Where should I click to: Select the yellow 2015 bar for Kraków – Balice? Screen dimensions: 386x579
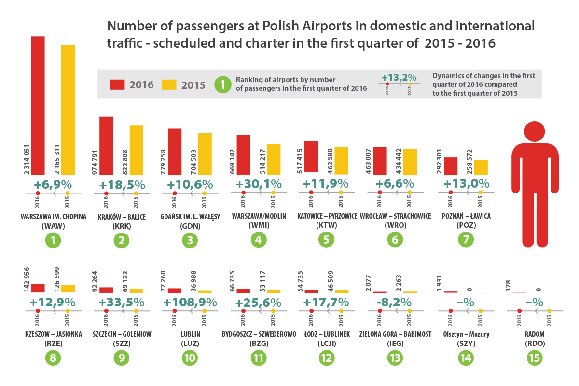pyautogui.click(x=137, y=150)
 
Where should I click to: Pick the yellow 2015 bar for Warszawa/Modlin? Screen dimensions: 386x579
pyautogui.click(x=274, y=159)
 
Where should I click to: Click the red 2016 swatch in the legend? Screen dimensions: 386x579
pyautogui.click(x=117, y=84)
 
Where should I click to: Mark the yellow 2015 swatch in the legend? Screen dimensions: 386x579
pyautogui.click(x=168, y=84)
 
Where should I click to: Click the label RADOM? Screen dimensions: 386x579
pyautogui.click(x=533, y=334)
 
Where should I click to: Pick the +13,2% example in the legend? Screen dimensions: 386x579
pyautogui.click(x=399, y=77)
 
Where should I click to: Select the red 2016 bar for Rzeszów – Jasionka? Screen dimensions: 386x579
pyautogui.click(x=38, y=288)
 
